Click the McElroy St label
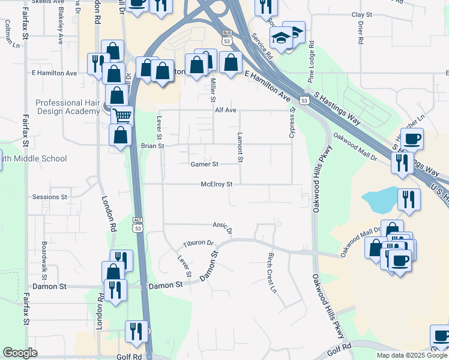click(x=216, y=184)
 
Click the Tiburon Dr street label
click(x=198, y=244)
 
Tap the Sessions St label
click(x=50, y=197)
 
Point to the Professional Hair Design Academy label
click(x=67, y=107)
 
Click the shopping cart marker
click(x=122, y=115)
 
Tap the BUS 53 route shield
click(x=226, y=38)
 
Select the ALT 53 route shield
click(x=138, y=226)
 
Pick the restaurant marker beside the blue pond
click(x=410, y=199)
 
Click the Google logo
click(x=20, y=353)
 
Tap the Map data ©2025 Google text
click(x=411, y=355)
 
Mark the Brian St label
click(x=152, y=146)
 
